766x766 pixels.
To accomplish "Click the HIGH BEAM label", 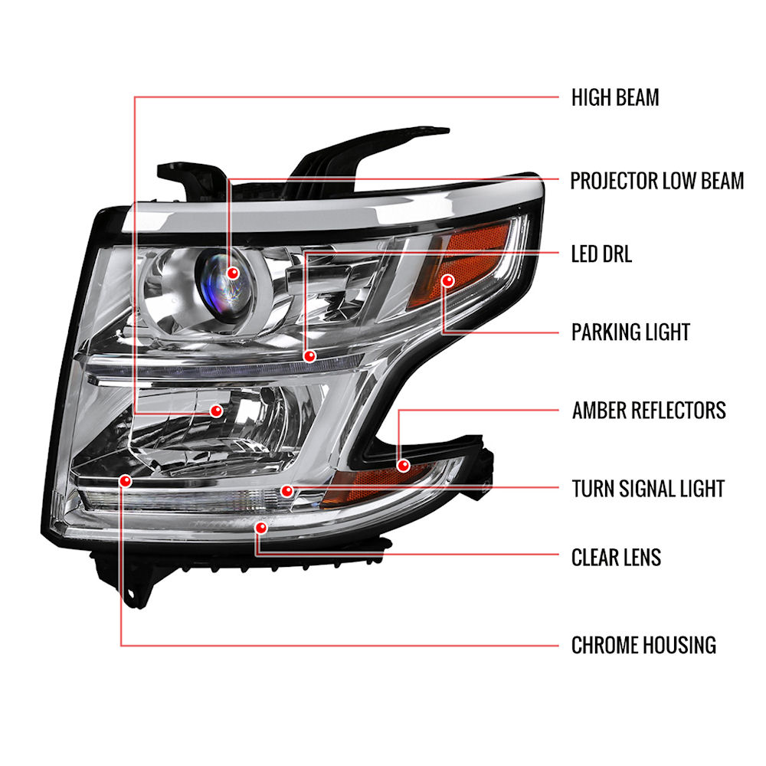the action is point(615,97).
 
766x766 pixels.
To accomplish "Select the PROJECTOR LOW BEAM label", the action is point(657,181).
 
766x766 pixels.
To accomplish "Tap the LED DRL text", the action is point(601,254).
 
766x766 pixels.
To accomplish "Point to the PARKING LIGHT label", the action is point(630,332).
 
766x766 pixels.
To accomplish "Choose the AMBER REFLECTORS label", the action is point(649,411).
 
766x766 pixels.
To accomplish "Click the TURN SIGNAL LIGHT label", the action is point(648,489).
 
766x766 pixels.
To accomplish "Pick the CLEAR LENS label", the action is point(616,558).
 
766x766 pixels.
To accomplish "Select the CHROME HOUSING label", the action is point(643,645).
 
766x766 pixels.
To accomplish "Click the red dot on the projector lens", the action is point(233,273).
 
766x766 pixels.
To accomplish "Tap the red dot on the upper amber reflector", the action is point(447,280).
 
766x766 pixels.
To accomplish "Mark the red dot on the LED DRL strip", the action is point(309,356).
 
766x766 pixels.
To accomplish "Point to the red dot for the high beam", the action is point(217,411).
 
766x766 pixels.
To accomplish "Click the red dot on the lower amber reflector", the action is point(403,465).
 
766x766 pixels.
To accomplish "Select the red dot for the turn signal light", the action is point(287,490).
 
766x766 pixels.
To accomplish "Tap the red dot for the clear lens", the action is point(261,528).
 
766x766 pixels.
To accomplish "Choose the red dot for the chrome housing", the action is point(126,481).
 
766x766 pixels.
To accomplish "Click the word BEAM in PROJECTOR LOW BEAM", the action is point(722,181).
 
